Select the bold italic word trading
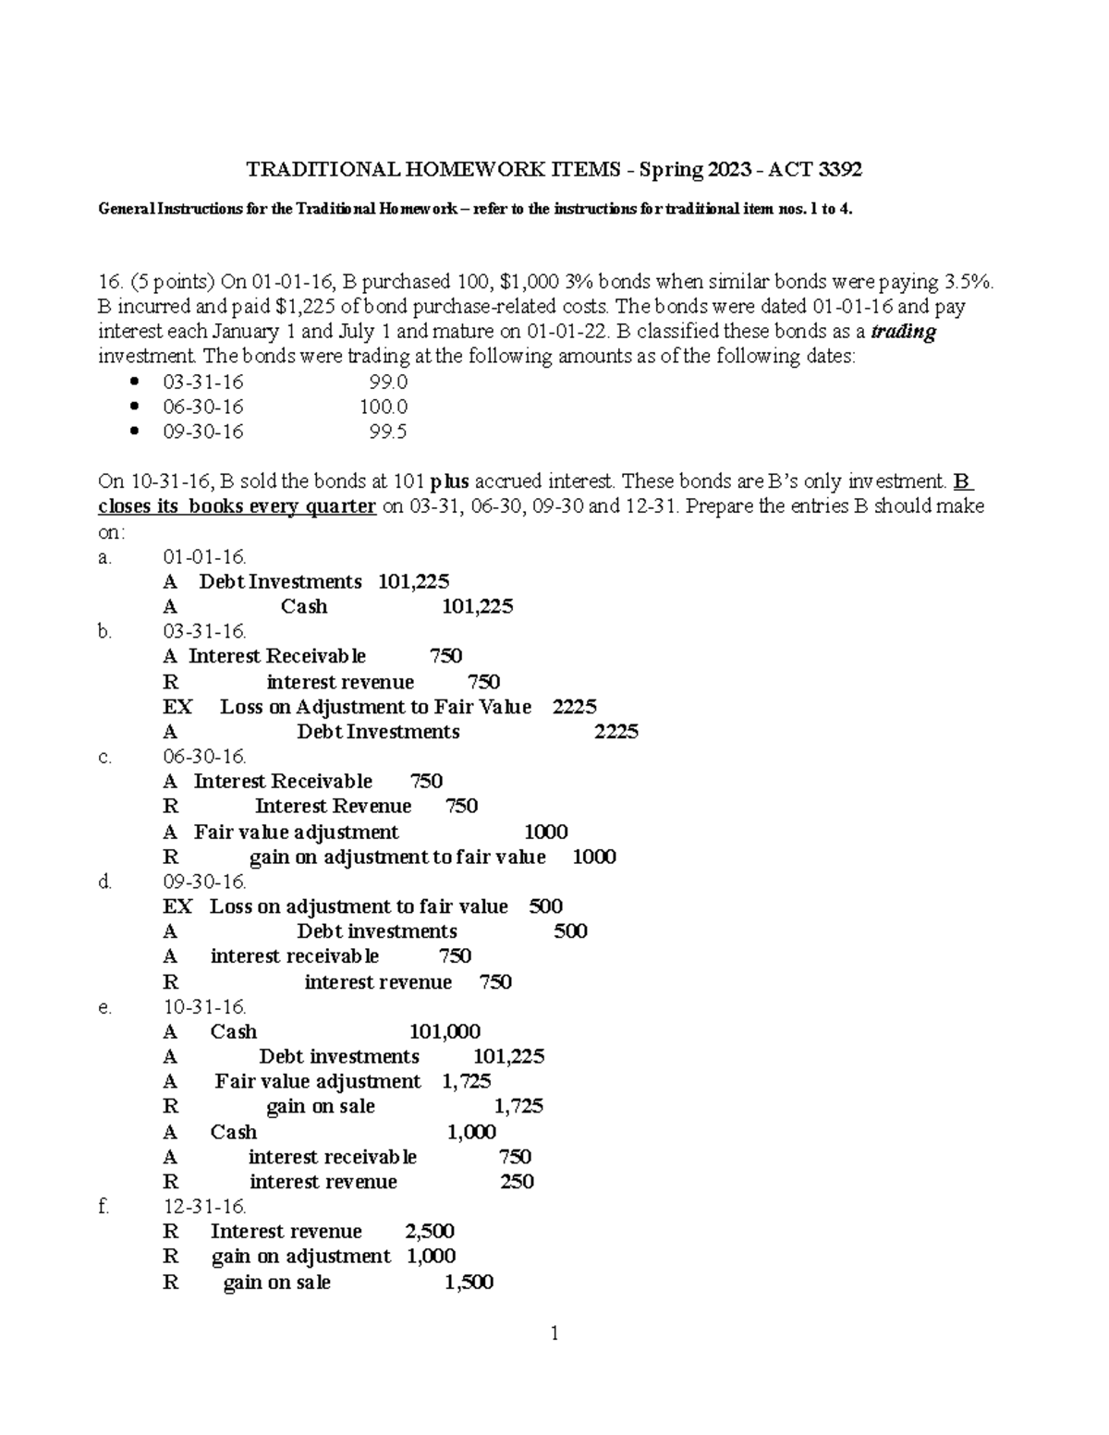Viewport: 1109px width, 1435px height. (904, 332)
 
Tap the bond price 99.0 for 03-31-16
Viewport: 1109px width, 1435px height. (388, 382)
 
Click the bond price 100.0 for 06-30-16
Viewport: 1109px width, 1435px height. (384, 407)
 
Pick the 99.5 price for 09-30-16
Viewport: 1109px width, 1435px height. (388, 432)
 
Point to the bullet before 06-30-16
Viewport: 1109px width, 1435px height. (136, 407)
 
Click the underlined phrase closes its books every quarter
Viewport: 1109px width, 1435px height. (237, 506)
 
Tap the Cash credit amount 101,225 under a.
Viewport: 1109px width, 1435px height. (478, 607)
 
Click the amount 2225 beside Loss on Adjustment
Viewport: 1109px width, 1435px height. (574, 707)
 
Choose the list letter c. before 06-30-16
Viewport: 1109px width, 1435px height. (104, 758)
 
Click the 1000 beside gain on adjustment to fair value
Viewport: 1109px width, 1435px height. (594, 857)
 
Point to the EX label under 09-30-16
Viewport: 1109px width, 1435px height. (177, 907)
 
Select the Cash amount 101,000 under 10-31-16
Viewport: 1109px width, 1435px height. (445, 1032)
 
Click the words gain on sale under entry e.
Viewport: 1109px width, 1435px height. (320, 1107)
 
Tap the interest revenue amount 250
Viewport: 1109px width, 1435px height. (517, 1182)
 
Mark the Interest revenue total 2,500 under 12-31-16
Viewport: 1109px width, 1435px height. (430, 1232)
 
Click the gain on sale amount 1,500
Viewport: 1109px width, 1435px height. (469, 1283)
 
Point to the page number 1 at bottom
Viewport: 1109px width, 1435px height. (554, 1333)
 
